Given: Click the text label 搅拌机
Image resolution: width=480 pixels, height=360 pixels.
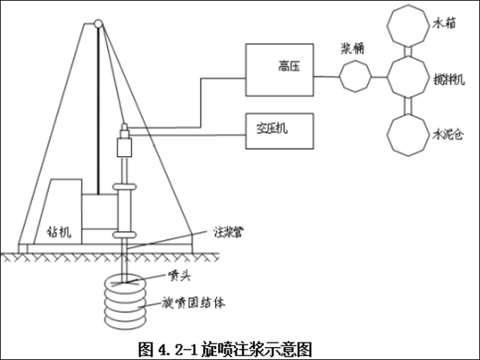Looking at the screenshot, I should pyautogui.click(x=448, y=80).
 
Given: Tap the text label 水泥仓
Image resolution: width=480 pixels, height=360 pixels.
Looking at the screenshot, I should pyautogui.click(x=448, y=135).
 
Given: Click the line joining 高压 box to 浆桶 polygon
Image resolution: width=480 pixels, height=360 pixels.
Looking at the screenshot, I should pyautogui.click(x=327, y=77).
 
